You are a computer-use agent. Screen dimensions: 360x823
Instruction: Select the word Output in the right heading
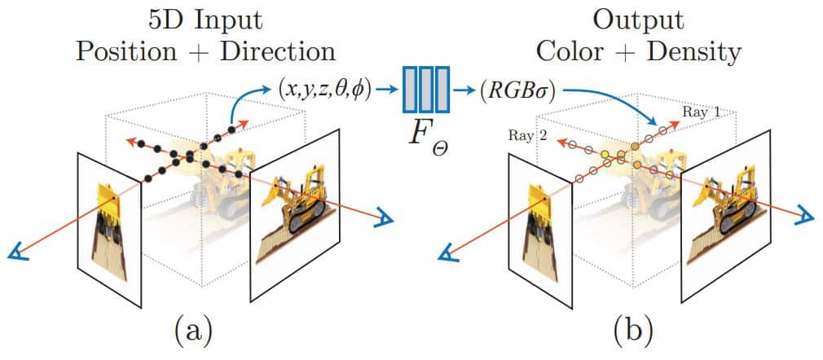[x=638, y=17]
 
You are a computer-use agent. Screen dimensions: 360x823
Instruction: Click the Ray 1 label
[x=702, y=112]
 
